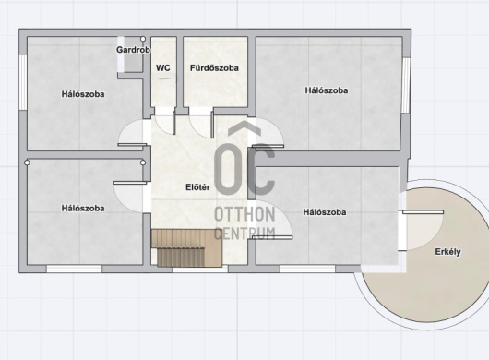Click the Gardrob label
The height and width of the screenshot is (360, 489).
133,50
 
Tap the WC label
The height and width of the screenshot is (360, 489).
163,67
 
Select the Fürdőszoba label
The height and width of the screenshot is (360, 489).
214,67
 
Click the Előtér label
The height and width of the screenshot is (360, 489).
197,187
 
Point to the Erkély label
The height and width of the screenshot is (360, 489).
447,252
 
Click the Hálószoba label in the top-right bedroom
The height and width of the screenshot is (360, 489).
327,90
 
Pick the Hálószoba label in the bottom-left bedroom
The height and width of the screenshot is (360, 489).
83,208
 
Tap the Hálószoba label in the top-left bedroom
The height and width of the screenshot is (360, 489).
83,94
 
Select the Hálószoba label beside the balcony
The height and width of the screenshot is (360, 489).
325,212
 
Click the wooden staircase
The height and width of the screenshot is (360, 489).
186,248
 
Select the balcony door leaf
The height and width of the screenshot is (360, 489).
423,212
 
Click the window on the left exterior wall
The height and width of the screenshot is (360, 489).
23,82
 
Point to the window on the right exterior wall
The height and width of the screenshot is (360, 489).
406,85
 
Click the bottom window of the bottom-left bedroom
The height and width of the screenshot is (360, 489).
74,269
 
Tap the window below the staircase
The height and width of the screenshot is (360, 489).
200,269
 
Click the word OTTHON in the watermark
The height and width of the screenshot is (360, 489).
244,214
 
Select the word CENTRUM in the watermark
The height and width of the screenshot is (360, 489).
244,234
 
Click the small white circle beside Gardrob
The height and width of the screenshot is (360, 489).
143,39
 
